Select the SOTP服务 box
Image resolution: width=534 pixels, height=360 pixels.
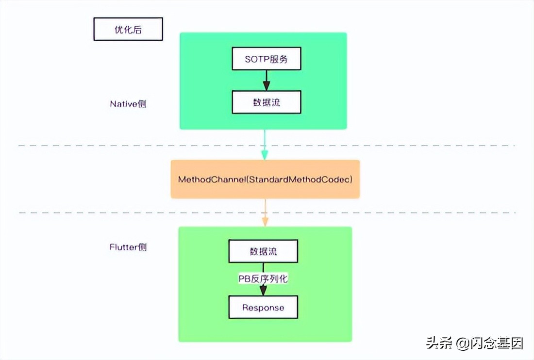pos(267,59)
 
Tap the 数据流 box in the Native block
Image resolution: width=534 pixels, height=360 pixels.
pos(267,102)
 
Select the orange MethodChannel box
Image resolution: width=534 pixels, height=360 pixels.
pos(265,179)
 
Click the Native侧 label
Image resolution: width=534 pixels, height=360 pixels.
pos(128,104)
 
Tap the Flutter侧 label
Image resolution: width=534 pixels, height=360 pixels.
pos(128,247)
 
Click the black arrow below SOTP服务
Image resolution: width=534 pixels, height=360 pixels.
pos(266,81)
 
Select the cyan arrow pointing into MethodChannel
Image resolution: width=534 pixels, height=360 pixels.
pos(265,145)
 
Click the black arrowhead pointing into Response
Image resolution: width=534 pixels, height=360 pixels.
pos(263,290)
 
